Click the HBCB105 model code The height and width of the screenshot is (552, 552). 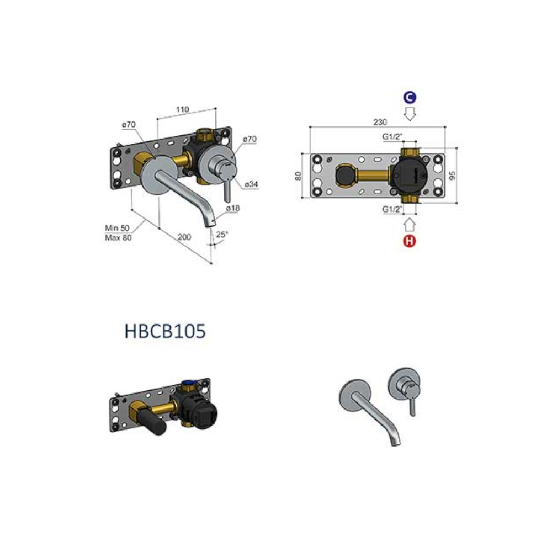pyautogui.click(x=165, y=331)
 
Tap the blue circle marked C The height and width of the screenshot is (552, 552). pyautogui.click(x=410, y=98)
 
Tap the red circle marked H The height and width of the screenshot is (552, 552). pyautogui.click(x=410, y=241)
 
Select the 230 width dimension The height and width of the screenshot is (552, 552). pyautogui.click(x=380, y=122)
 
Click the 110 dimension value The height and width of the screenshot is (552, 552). pyautogui.click(x=182, y=109)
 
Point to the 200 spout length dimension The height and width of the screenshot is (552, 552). pyautogui.click(x=184, y=237)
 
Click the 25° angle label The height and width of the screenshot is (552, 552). pyautogui.click(x=222, y=235)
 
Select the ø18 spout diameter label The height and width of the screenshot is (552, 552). pyautogui.click(x=233, y=209)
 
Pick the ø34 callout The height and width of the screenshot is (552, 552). pyautogui.click(x=251, y=184)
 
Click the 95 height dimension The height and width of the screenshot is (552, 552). pyautogui.click(x=453, y=176)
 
